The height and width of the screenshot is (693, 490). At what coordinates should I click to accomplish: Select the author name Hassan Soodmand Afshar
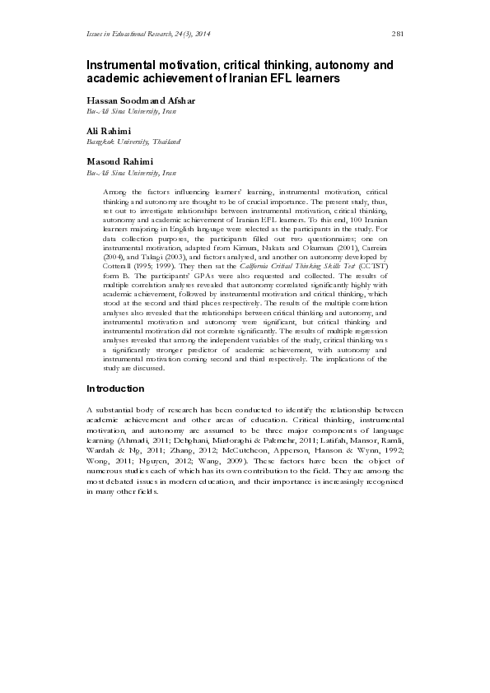[x=141, y=101]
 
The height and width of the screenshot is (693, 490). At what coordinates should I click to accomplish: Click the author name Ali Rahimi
[x=110, y=132]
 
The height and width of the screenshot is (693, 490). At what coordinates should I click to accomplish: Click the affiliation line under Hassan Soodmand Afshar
[x=131, y=111]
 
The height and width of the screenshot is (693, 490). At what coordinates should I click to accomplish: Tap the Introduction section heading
[x=115, y=388]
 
